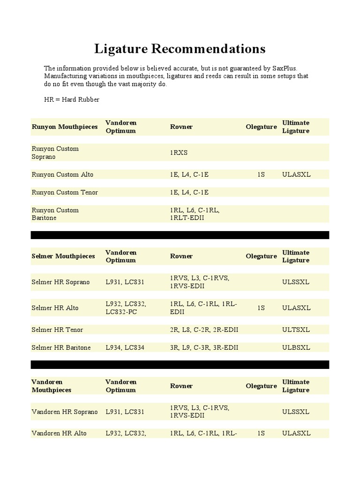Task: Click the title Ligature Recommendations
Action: pyautogui.click(x=180, y=49)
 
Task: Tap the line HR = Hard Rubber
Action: pyautogui.click(x=72, y=100)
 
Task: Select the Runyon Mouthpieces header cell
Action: pyautogui.click(x=65, y=127)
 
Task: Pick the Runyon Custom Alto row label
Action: pyautogui.click(x=62, y=174)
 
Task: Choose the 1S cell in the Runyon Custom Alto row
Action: pyautogui.click(x=261, y=174)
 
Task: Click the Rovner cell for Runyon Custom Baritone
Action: pyautogui.click(x=195, y=214)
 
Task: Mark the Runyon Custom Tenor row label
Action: pyautogui.click(x=65, y=192)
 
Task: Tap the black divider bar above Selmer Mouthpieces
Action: pyautogui.click(x=180, y=235)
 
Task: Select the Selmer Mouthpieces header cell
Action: pyautogui.click(x=63, y=256)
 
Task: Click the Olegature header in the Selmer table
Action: pyautogui.click(x=261, y=256)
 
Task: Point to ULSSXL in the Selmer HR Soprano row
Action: pyautogui.click(x=296, y=282)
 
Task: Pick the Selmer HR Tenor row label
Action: pyautogui.click(x=57, y=330)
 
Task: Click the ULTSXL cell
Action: pyautogui.click(x=296, y=330)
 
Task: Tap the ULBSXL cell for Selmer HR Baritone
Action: pyautogui.click(x=296, y=347)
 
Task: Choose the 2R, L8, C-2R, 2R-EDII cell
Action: pyautogui.click(x=204, y=330)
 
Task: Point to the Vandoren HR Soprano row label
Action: pyautogui.click(x=65, y=412)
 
